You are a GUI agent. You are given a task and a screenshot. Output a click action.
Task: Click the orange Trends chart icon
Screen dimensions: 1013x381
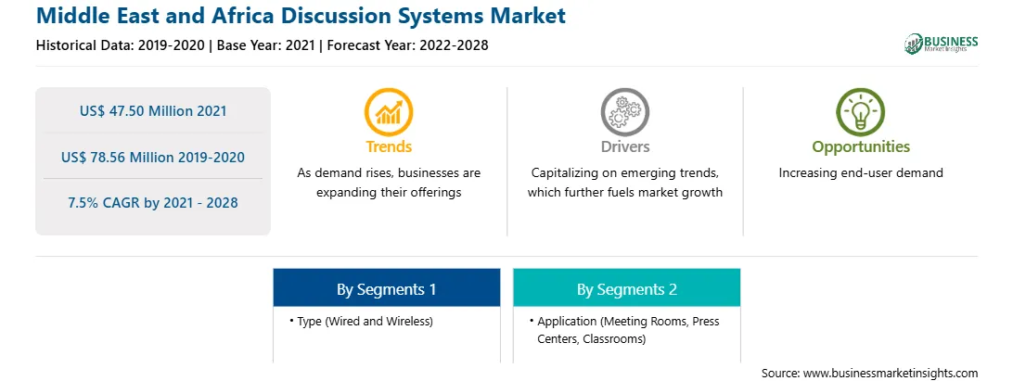389,112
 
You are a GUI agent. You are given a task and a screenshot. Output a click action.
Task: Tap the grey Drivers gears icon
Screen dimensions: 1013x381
624,112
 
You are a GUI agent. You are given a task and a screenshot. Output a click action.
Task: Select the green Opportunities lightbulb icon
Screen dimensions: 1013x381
861,112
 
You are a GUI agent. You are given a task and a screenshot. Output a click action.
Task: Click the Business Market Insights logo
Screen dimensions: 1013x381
942,44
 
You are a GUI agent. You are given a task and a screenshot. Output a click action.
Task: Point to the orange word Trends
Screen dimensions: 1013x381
389,146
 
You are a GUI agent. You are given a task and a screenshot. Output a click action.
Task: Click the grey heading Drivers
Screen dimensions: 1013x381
625,146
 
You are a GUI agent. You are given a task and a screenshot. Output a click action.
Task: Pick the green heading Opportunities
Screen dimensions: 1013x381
861,147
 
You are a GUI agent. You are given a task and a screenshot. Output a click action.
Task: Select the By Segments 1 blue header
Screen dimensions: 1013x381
386,288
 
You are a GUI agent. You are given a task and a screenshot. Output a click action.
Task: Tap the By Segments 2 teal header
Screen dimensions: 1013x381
627,288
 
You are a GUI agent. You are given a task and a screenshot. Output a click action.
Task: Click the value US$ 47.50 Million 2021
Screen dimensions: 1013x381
153,111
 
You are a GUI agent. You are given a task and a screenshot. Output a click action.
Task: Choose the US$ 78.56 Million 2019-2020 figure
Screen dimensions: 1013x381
153,157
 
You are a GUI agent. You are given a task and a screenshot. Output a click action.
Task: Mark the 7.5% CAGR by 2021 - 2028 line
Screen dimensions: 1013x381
153,203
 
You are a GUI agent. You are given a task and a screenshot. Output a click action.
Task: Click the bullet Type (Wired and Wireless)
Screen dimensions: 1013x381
362,321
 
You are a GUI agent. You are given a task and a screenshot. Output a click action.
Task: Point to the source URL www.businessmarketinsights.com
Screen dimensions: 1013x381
890,373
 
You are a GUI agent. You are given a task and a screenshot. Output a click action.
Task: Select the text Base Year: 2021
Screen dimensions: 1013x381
266,45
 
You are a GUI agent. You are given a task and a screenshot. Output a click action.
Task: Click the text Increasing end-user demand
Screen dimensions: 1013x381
861,173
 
